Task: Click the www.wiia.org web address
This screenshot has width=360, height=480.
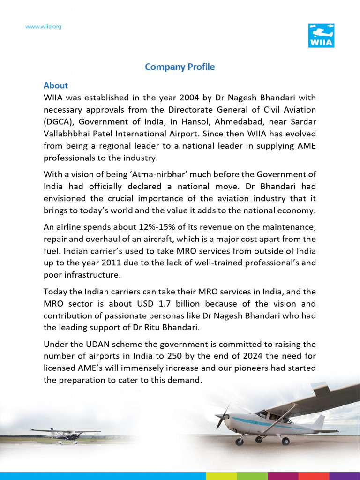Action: pos(43,27)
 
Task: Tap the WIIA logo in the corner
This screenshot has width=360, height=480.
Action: pos(321,36)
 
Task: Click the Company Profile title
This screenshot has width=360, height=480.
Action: pos(180,67)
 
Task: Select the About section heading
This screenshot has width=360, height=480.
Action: pos(56,85)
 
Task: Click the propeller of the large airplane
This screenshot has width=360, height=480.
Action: pos(222,416)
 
